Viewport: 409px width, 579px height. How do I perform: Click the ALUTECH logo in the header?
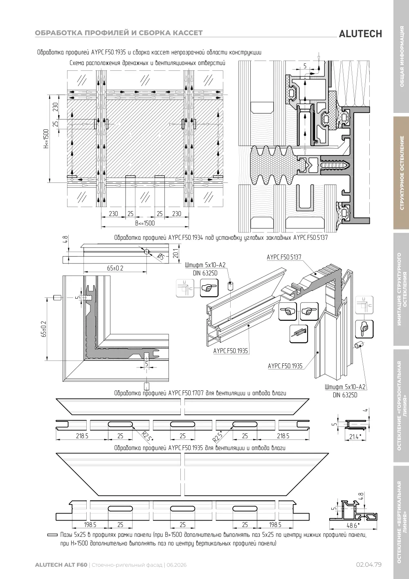pos(360,34)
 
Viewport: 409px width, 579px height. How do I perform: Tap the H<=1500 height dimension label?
pos(46,139)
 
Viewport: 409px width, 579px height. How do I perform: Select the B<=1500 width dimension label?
pos(145,223)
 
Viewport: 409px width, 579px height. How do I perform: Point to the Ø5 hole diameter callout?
pos(160,257)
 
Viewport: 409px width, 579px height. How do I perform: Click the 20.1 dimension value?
pos(176,253)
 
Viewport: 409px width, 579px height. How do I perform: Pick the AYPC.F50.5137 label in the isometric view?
pos(284,257)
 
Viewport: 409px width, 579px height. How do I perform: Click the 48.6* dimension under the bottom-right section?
pos(353,525)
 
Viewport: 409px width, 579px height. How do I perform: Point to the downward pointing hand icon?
pos(364,329)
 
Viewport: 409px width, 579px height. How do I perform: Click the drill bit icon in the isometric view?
pos(299,334)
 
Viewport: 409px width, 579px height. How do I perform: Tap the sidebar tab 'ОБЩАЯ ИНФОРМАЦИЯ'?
pos(401,56)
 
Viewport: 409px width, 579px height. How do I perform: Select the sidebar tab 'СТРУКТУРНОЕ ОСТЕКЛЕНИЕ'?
pos(401,173)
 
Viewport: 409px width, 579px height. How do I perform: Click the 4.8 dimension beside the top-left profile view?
pos(65,239)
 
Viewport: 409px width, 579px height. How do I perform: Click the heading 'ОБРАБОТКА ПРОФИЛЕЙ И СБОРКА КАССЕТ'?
pos(119,33)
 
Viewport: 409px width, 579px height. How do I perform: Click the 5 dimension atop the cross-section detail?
pos(305,66)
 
